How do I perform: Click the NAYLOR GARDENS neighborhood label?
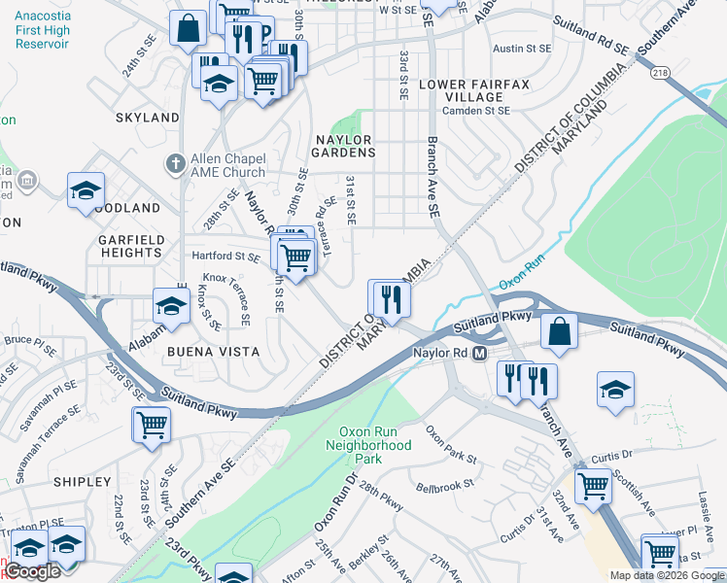point(344,146)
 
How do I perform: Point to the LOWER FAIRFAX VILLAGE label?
point(474,91)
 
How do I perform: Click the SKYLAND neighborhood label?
point(148,118)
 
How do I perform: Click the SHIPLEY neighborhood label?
point(83,482)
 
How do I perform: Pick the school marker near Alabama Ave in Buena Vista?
point(171,306)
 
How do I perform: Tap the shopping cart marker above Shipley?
point(152,425)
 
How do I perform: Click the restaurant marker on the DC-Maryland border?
point(389,297)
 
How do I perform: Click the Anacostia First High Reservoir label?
point(42,28)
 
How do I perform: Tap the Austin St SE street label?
point(522,49)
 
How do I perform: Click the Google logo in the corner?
point(33,572)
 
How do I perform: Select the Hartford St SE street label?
point(225,257)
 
